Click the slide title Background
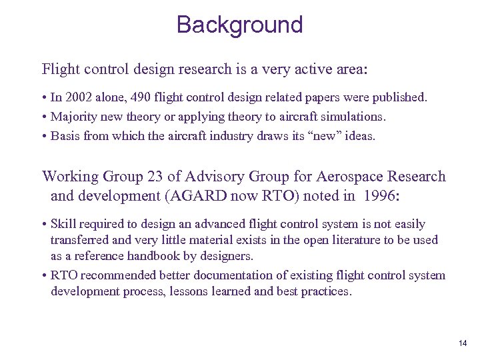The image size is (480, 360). pyautogui.click(x=239, y=25)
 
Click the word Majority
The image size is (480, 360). pyautogui.click(x=76, y=117)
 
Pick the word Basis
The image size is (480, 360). pyautogui.click(x=67, y=136)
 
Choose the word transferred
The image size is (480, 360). pyautogui.click(x=83, y=240)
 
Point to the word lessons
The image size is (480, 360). pyautogui.click(x=193, y=291)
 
